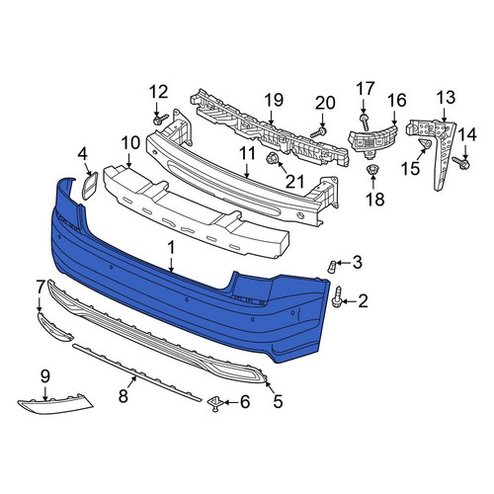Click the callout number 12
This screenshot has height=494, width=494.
click(158, 92)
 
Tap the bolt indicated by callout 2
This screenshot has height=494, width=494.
click(338, 297)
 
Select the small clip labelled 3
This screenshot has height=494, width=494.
click(332, 266)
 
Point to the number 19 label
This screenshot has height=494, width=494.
click(274, 100)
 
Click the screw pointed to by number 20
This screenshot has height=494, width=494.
click(318, 133)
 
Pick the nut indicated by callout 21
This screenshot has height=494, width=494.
click(272, 159)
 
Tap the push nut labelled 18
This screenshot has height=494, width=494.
click(372, 171)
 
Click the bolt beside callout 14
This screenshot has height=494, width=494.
click(461, 163)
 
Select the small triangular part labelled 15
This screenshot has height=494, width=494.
click(425, 144)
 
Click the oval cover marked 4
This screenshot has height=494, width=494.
click(89, 186)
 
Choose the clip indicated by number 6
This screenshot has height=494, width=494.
click(215, 404)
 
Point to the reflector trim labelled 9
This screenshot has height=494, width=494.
click(55, 404)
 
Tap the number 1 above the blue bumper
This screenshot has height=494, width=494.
click(171, 248)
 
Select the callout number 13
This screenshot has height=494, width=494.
click(446, 97)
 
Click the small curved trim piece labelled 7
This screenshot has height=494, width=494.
click(53, 327)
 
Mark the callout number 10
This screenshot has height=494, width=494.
click(130, 143)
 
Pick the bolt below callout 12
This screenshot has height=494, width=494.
click(160, 120)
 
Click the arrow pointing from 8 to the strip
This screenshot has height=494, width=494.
click(131, 382)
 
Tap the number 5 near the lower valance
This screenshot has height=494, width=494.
click(278, 401)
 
